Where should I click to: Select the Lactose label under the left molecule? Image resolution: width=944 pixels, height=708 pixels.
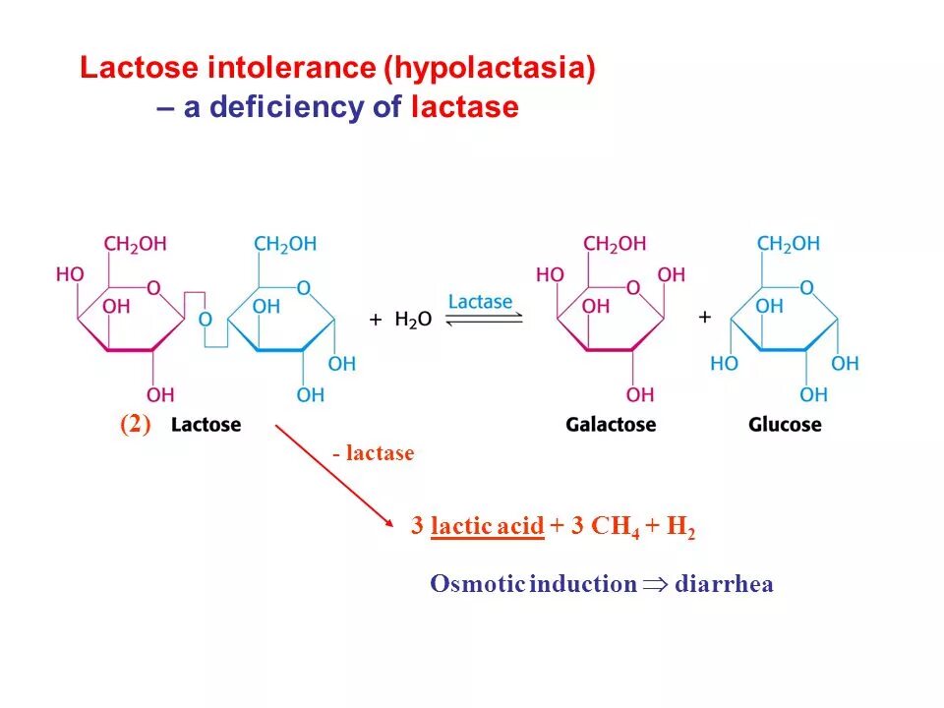[206, 425]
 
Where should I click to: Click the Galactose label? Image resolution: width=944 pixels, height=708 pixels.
[611, 425]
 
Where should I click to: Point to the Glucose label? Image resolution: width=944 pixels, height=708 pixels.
[785, 425]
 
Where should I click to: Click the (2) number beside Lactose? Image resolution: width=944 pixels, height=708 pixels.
[135, 425]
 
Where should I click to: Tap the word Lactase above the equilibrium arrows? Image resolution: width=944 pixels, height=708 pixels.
[480, 301]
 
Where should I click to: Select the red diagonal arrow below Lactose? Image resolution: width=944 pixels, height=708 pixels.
[328, 472]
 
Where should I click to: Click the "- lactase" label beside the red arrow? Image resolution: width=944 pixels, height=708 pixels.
[373, 453]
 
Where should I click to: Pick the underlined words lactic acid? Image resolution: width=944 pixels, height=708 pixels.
[487, 527]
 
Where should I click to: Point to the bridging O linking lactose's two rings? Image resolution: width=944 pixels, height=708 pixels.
[205, 319]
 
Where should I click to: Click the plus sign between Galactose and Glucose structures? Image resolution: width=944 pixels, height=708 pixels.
[704, 317]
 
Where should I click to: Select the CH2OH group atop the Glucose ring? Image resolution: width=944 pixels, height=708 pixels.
[788, 244]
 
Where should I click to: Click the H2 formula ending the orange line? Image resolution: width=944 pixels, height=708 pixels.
[680, 528]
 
